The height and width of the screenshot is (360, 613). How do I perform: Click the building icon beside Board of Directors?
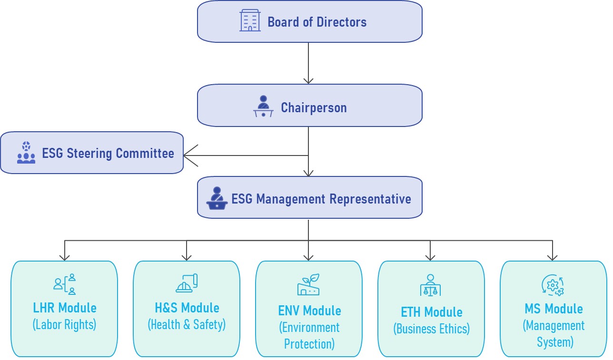[250, 21]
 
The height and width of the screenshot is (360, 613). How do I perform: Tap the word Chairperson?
[314, 107]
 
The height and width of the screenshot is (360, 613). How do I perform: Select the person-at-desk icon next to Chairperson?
[263, 107]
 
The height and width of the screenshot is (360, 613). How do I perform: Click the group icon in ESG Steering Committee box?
[26, 153]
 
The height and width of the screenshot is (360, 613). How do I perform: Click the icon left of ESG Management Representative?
[217, 198]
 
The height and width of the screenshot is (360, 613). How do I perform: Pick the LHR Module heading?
[65, 308]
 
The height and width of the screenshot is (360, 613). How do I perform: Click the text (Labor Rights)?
[65, 324]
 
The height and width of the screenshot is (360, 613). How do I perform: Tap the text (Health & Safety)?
[187, 324]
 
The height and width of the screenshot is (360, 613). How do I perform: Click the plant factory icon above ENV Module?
[308, 284]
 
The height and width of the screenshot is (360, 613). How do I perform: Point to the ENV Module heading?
[309, 311]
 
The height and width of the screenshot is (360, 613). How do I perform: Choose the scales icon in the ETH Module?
[431, 285]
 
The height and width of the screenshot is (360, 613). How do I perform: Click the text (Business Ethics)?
[431, 329]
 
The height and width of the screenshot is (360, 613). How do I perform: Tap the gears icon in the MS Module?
[553, 285]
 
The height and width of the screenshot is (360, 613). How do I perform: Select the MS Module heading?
[554, 309]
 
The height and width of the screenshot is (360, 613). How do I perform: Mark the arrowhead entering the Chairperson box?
[308, 81]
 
